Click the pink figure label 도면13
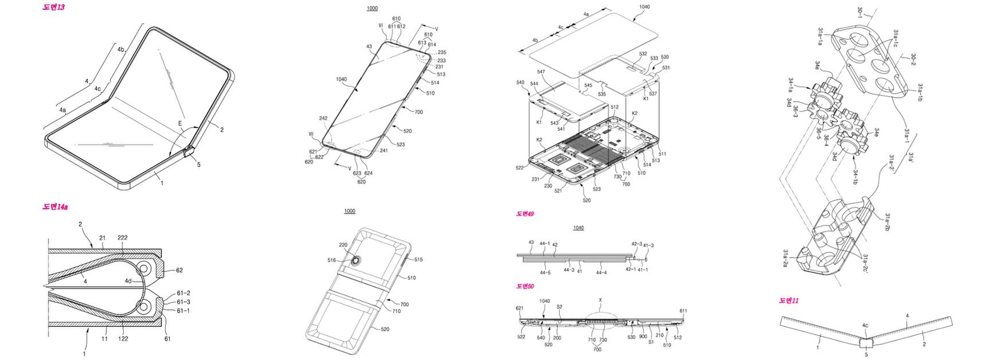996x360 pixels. click(53, 6)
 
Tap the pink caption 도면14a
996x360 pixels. click(55, 207)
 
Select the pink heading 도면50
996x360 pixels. click(525, 286)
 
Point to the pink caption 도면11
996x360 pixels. click(789, 300)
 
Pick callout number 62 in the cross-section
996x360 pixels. click(179, 269)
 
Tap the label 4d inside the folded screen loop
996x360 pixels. click(129, 281)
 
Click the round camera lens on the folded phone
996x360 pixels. click(357, 261)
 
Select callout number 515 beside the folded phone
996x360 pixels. click(418, 260)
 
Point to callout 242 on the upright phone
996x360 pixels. click(323, 119)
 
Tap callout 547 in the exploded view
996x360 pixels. click(541, 72)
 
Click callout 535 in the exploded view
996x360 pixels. click(601, 93)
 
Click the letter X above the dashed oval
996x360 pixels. click(600, 300)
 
